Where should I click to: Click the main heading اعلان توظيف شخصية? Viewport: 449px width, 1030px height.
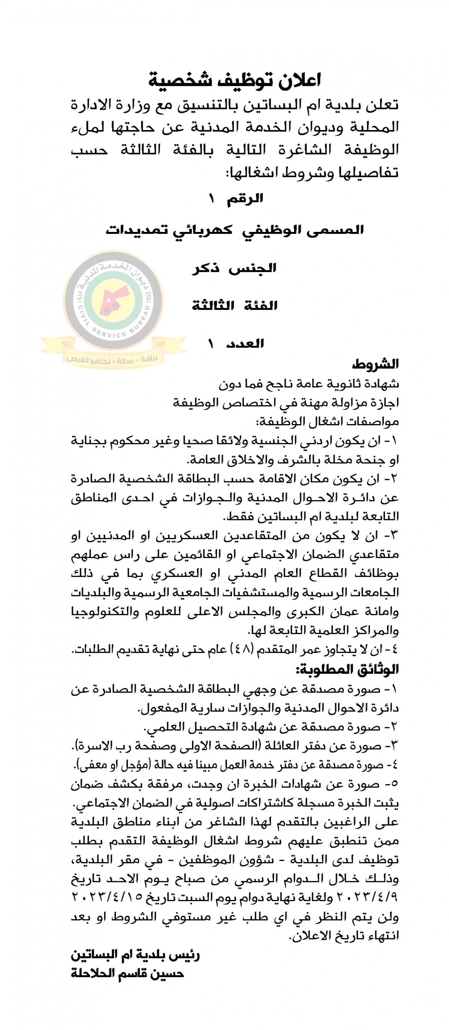235,80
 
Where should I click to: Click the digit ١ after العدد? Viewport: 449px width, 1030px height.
211,344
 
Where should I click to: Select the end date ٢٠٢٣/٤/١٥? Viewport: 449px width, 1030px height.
107,897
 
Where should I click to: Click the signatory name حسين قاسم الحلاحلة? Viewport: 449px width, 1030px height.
128,973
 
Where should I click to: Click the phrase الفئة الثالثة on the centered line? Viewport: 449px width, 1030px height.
235,306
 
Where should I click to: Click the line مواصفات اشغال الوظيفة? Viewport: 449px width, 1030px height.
327,422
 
